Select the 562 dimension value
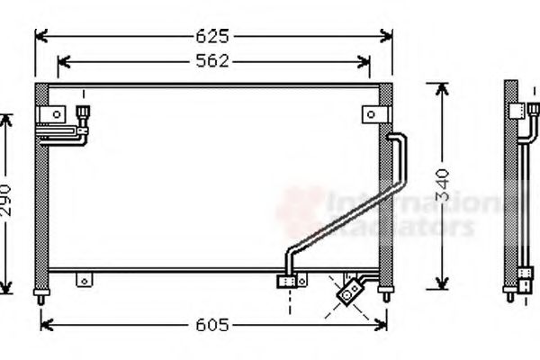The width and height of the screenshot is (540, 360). pos(214,61)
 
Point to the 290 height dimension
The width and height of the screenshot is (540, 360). pos(6,204)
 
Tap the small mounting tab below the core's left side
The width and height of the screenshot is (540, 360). pos(84,280)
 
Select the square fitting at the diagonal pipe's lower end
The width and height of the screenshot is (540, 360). pos(288,281)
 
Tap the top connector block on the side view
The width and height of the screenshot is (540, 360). pos(517,111)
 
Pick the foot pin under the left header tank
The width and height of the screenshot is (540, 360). pos(40,294)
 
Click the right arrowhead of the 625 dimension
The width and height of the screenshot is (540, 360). pos(388,37)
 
